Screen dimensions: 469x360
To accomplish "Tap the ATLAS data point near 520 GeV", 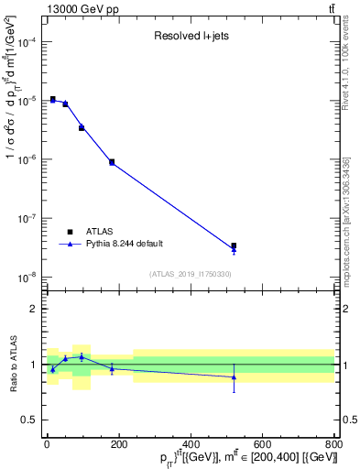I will [234, 245].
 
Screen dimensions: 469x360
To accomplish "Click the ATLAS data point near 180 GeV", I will [112, 162].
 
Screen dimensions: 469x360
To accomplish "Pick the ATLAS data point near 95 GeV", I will [82, 127].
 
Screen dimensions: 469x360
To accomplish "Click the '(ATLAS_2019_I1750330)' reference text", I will [191, 274].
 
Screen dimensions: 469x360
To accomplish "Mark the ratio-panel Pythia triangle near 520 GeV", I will [234, 376].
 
